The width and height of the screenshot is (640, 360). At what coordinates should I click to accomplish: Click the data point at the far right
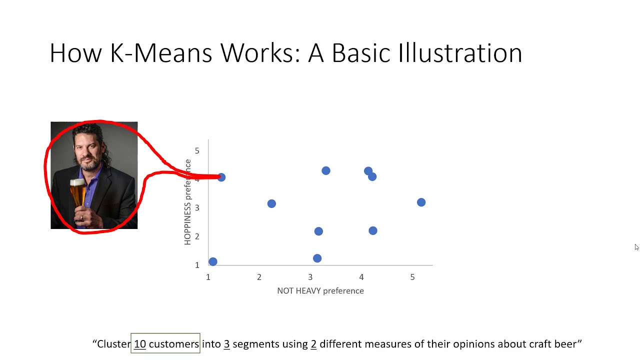pyautogui.click(x=421, y=202)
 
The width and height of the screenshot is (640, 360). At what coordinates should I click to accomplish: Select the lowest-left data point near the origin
pyautogui.click(x=212, y=261)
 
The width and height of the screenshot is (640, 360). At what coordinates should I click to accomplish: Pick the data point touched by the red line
pyautogui.click(x=221, y=177)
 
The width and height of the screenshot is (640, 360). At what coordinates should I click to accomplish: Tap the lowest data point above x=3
pyautogui.click(x=317, y=258)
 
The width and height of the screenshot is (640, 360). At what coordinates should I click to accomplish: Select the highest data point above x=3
pyautogui.click(x=325, y=170)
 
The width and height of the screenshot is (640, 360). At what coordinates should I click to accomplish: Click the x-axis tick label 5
pyautogui.click(x=412, y=277)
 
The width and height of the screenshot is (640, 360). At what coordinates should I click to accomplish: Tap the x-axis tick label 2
pyautogui.click(x=259, y=277)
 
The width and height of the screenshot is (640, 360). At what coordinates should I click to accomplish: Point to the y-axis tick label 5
pyautogui.click(x=197, y=150)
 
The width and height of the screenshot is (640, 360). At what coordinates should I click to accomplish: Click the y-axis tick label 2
pyautogui.click(x=197, y=236)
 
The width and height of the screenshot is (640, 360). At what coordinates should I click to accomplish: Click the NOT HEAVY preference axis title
pyautogui.click(x=320, y=291)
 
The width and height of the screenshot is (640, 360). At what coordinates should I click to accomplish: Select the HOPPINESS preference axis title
pyautogui.click(x=188, y=202)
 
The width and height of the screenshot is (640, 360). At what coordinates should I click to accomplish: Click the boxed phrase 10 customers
pyautogui.click(x=165, y=344)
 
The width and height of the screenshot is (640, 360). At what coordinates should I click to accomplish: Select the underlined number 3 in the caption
pyautogui.click(x=226, y=344)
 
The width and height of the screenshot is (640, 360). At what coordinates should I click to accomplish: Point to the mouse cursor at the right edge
pyautogui.click(x=636, y=247)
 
